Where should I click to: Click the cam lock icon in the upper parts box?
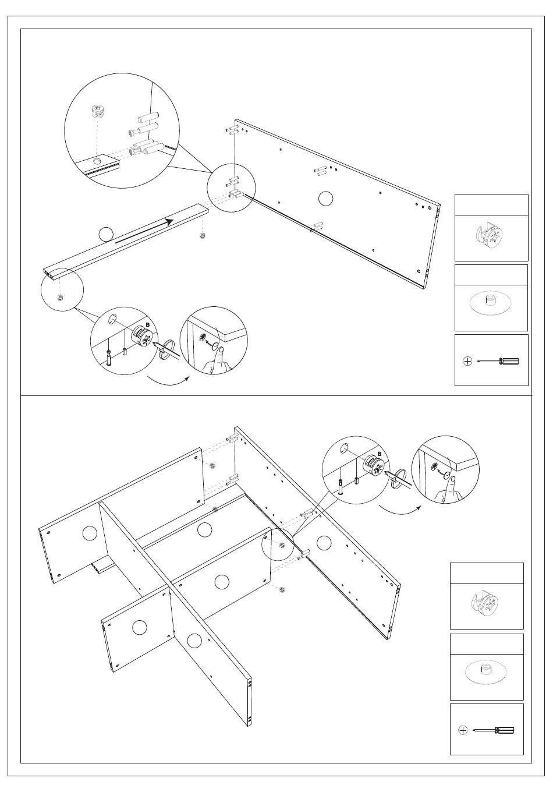point(491,236)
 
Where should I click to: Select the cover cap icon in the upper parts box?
point(490,302)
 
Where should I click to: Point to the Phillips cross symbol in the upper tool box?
point(467,362)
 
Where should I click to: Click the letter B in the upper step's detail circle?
point(147,325)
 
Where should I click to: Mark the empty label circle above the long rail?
point(105,234)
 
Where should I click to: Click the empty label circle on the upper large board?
point(326,198)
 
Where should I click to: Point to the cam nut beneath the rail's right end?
point(203,236)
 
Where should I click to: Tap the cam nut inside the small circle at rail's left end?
point(61,298)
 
